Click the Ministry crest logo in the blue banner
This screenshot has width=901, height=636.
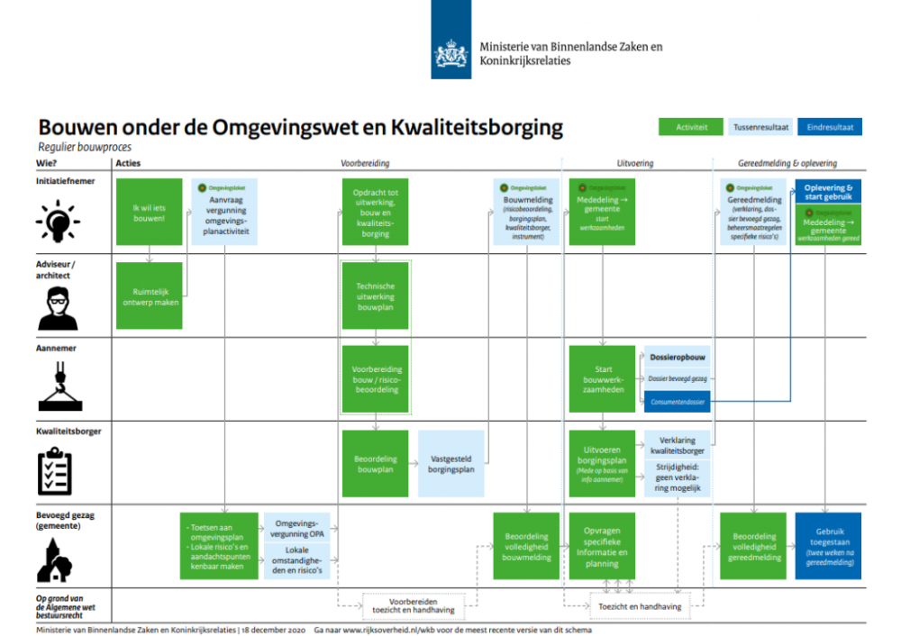(x=450, y=51)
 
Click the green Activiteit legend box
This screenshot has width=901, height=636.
(x=691, y=127)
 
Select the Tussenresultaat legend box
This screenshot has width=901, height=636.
(x=761, y=127)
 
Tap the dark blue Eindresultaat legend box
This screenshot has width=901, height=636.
(x=830, y=127)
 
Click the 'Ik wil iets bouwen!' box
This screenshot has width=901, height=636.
(x=149, y=213)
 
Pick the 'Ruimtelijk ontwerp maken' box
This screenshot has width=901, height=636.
(x=150, y=296)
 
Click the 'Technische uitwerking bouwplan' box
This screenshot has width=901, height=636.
(x=376, y=296)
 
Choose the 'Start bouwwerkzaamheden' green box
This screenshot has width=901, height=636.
(x=603, y=379)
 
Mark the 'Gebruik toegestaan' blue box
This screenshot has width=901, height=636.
(x=828, y=546)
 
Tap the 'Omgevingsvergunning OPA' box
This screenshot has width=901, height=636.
(x=297, y=529)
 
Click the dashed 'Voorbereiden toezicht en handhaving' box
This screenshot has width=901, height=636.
(x=408, y=605)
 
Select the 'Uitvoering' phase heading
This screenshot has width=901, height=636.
(x=634, y=163)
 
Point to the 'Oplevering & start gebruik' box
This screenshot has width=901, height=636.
(x=828, y=192)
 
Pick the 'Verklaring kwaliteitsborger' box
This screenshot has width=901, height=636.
(x=677, y=445)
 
